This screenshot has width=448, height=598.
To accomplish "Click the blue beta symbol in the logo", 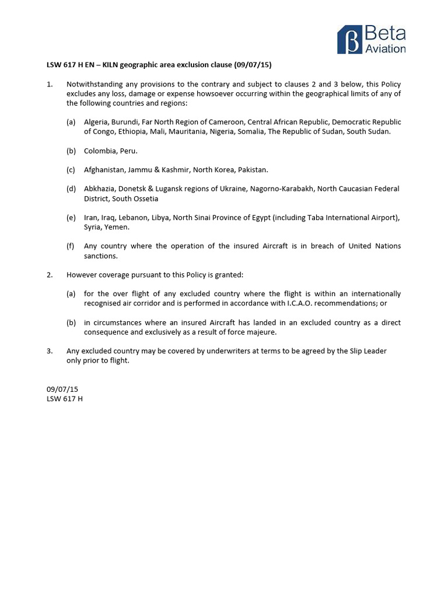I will point(349,40).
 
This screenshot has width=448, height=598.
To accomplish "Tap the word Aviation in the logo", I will point(385,48).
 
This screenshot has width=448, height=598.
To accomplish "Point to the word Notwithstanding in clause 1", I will point(94,84).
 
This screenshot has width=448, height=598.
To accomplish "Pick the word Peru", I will point(128,151).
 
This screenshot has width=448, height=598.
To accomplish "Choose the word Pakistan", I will point(251,170).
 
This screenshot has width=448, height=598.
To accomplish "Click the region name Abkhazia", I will point(101,189).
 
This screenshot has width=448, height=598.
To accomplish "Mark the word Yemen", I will point(117,227).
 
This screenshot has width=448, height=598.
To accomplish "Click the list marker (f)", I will point(71,246).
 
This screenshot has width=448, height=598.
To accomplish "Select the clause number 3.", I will point(50,351).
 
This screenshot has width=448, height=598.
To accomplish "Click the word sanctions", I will point(101,255).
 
